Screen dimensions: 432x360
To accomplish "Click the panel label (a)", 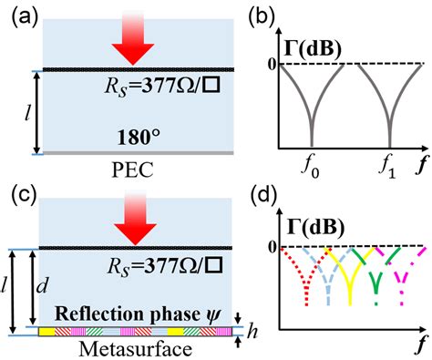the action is coord(24,19).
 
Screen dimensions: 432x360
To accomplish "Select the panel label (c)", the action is coord(24,195).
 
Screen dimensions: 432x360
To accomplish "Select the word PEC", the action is coord(133,170).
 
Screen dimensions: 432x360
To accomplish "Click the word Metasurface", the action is coord(136,349).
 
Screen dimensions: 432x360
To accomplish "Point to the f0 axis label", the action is coord(311,168).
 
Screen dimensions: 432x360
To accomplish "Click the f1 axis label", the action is coord(388,168).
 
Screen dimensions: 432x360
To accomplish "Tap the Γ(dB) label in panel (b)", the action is coord(313,50).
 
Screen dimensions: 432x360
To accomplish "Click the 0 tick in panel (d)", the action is coord(273,248).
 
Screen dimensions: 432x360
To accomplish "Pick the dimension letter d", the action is coord(42,285).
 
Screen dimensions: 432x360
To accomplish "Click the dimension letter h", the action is coord(252,332).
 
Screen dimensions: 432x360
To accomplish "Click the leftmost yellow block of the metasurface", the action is coord(46,332).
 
